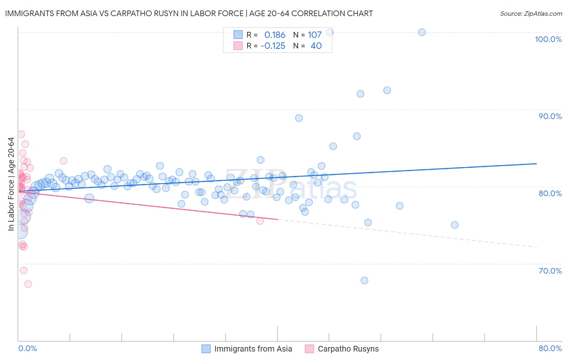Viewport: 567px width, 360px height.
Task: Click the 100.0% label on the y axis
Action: click(548, 39)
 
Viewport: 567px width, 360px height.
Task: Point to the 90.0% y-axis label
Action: click(550, 116)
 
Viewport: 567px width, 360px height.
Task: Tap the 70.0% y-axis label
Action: click(550, 271)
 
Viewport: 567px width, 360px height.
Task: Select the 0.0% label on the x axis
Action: click(27, 348)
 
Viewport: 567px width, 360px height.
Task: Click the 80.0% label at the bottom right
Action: click(550, 348)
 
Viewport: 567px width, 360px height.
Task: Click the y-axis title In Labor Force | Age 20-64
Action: click(11, 184)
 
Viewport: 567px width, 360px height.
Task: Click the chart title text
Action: click(189, 13)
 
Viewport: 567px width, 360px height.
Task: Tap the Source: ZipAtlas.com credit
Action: click(531, 13)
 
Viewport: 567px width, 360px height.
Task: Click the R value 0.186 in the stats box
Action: click(275, 35)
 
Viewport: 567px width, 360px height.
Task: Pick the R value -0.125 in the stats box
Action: click(273, 46)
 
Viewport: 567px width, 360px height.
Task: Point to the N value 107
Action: click(315, 35)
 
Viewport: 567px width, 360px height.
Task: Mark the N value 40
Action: click(316, 46)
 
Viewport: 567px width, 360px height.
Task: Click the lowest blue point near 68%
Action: click(364, 280)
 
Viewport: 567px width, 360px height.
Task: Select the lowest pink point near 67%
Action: click(28, 284)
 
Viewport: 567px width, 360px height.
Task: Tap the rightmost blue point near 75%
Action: click(454, 225)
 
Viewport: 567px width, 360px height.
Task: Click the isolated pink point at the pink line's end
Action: click(260, 221)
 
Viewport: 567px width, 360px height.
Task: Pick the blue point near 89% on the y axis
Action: click(299, 118)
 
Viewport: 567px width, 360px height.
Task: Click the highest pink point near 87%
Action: click(21, 134)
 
